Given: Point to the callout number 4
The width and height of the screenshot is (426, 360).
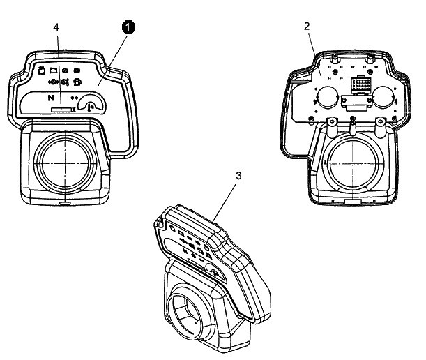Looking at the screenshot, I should point(56,28).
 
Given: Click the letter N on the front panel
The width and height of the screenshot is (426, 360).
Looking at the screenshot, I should point(51,98).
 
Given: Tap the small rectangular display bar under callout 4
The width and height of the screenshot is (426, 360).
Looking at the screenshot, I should point(63,110).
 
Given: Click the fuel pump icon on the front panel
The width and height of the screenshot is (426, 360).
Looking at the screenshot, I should point(75,82).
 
